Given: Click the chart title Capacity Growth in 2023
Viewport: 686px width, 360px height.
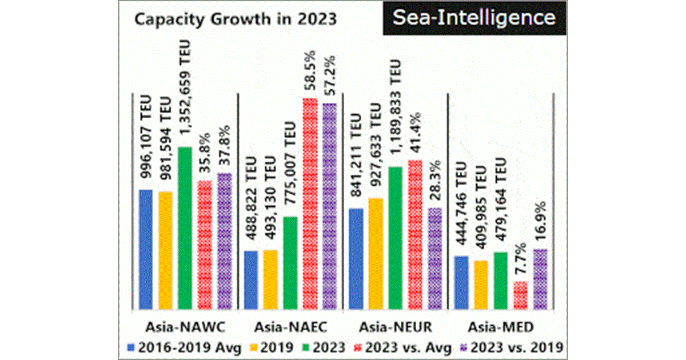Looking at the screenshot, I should (x=235, y=19).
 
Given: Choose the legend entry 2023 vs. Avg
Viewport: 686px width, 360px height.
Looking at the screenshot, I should (x=404, y=347).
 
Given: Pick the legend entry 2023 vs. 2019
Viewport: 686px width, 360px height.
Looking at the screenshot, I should (x=517, y=347).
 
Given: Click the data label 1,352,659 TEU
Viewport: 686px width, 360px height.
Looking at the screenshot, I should (x=185, y=91).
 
